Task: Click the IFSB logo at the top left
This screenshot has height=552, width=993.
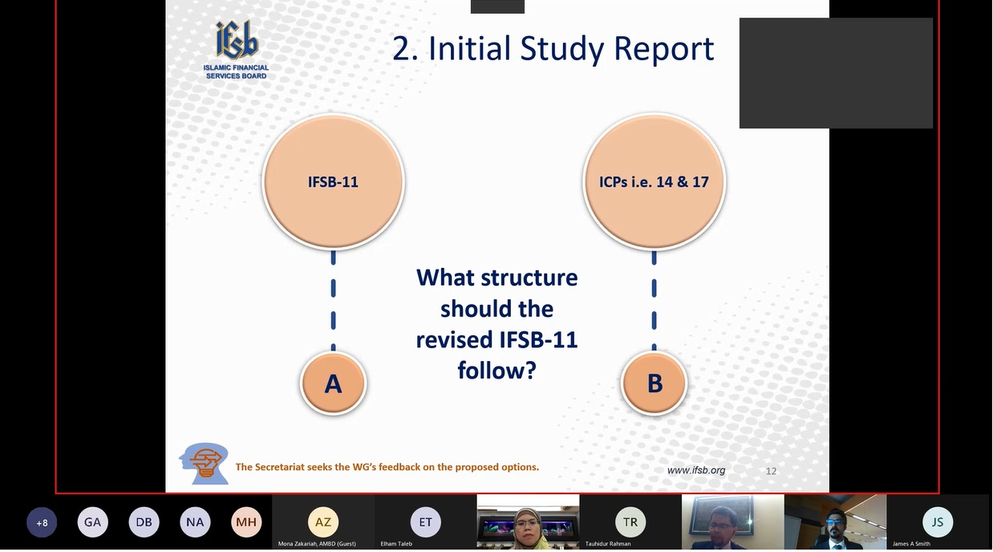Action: tap(237, 50)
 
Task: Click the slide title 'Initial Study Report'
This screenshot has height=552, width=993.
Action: tap(571, 48)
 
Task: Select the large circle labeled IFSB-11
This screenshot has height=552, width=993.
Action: tap(334, 181)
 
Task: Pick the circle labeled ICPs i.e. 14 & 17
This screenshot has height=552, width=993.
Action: tap(654, 181)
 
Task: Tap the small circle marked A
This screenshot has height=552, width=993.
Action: tap(334, 383)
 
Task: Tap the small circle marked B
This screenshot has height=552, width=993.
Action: tap(655, 383)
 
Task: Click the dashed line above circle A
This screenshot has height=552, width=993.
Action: tap(334, 301)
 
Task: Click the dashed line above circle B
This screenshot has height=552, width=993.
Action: tap(654, 301)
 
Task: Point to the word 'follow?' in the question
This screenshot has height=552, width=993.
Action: tap(497, 370)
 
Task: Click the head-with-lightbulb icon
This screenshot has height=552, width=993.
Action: tap(205, 463)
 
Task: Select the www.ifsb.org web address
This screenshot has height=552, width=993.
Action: tap(696, 470)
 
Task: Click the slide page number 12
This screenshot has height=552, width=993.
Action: tap(771, 471)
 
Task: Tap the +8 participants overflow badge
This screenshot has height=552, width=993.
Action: tap(42, 522)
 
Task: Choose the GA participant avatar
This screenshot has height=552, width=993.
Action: tap(93, 522)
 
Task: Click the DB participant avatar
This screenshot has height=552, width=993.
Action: tap(144, 522)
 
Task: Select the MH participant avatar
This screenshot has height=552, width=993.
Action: tap(246, 522)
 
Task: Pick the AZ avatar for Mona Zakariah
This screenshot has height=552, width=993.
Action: tap(323, 522)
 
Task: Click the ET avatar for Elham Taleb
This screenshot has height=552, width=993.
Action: tap(426, 522)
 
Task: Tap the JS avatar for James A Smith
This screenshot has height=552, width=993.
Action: tap(937, 522)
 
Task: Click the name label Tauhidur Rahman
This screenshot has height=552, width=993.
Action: tap(608, 544)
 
